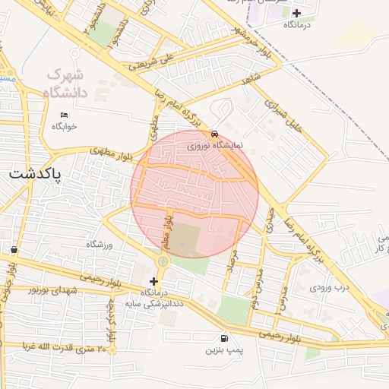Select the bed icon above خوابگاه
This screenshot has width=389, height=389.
[x=64, y=115]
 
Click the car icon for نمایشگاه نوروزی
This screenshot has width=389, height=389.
[x=216, y=132]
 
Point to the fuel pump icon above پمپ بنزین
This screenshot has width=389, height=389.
[x=223, y=338]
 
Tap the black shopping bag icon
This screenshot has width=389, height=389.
[x=14, y=249]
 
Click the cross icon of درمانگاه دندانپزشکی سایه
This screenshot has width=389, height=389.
[x=154, y=281]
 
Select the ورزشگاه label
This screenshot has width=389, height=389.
[x=99, y=244]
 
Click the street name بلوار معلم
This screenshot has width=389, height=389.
[x=166, y=230]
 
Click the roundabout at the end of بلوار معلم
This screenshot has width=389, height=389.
[x=162, y=262]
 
